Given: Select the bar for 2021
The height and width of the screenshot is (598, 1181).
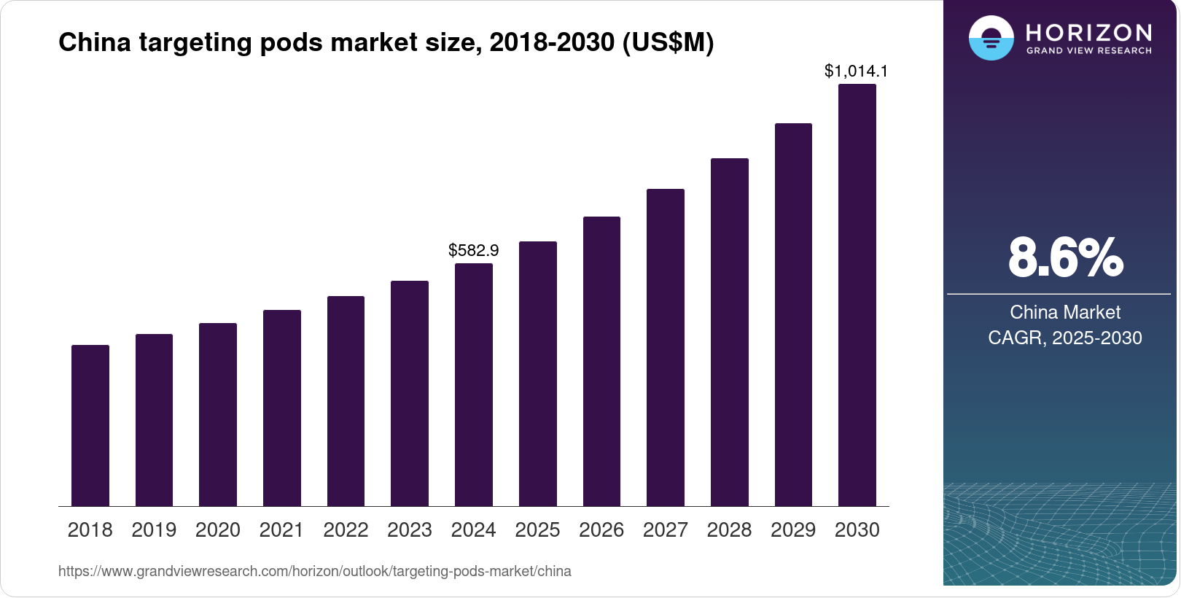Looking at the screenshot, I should (282, 408).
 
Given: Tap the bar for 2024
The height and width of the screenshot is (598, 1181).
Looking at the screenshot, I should (474, 384).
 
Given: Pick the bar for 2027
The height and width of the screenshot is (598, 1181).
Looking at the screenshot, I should (666, 347).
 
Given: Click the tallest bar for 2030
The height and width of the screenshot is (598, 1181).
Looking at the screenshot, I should (857, 295).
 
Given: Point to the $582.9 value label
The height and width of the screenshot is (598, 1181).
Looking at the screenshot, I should (474, 251).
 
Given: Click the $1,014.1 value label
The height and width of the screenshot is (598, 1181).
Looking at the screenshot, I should (856, 71).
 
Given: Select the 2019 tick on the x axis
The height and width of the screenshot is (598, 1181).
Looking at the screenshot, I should (154, 530).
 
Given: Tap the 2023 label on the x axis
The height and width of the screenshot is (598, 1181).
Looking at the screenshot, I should (410, 530).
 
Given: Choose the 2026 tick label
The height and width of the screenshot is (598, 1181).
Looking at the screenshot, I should (601, 530).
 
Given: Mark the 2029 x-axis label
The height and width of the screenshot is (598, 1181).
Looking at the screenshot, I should (793, 530).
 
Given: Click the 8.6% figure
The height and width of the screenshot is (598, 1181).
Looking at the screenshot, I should (1065, 257).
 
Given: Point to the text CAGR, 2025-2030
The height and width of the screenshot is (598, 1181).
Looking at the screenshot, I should (1065, 338).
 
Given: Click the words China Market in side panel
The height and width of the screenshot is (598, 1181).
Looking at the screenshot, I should (1065, 312).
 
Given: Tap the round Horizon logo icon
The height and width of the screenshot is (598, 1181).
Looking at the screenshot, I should (991, 38).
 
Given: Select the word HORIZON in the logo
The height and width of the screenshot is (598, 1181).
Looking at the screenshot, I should (1088, 32).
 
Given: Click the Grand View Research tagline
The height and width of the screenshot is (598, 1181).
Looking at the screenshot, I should (1088, 51).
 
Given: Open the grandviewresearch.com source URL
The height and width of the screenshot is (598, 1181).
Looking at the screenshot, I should (314, 571).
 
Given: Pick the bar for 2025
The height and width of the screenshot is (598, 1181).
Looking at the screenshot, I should (538, 373).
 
